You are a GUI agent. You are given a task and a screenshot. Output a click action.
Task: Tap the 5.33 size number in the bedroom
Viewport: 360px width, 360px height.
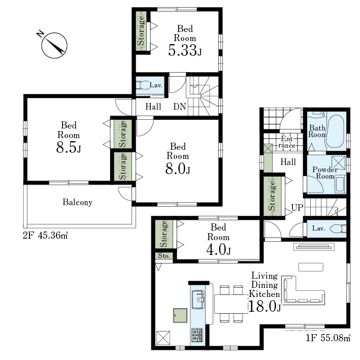point(183,50)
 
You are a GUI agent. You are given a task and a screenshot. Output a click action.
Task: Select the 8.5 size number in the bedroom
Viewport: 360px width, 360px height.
point(66,147)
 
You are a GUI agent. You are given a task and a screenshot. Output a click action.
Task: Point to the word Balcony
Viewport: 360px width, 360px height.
point(78,202)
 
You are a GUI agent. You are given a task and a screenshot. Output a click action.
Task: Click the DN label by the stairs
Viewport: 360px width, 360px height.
point(180,107)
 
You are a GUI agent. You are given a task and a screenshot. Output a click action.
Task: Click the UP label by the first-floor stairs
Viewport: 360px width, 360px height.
point(297,208)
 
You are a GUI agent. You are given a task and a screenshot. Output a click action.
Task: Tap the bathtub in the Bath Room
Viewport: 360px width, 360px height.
point(336,131)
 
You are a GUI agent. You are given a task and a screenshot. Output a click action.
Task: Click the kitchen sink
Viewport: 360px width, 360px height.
point(198,300)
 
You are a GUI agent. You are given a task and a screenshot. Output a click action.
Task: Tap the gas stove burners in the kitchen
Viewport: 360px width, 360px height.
point(197,336)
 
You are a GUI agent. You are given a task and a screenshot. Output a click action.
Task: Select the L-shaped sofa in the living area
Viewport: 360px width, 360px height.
point(304,290)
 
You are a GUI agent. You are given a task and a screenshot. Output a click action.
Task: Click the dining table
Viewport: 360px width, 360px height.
point(231,304)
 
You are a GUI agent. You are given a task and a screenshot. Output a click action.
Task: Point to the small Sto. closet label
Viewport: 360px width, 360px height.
point(164,256)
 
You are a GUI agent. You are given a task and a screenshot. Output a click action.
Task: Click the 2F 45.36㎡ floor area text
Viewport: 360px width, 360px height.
point(45,235)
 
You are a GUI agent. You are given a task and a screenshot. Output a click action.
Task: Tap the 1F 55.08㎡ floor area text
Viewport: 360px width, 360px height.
point(328,338)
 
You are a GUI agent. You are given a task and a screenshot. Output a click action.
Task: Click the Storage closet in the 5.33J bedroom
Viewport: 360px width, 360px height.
point(142,31)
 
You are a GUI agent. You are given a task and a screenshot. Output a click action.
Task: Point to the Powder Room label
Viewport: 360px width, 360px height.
point(325,173)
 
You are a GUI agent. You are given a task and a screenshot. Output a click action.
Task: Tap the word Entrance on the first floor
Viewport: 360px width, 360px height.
point(287,142)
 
